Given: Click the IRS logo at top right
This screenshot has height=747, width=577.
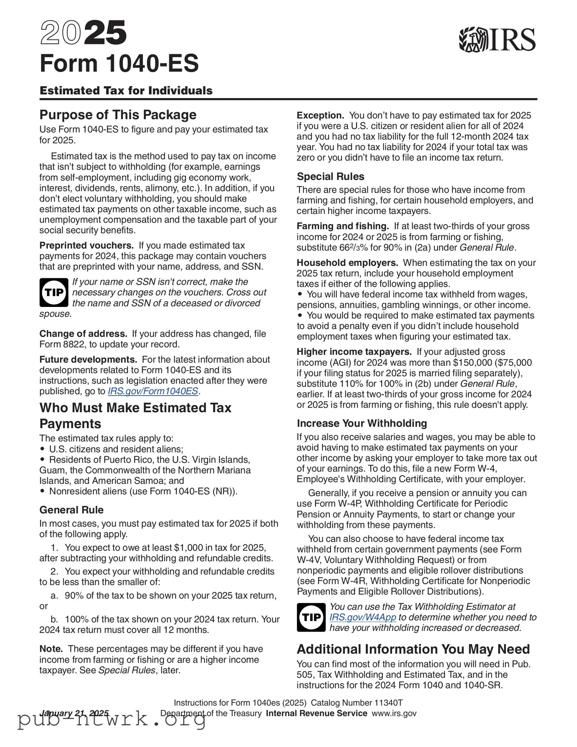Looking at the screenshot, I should click(497, 39).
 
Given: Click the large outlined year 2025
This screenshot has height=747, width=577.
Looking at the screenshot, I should click(83, 33).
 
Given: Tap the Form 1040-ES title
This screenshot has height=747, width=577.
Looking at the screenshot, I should click(119, 63).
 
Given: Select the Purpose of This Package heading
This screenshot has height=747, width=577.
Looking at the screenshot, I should click(118, 115).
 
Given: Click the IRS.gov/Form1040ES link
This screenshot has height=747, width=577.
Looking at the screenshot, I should click(153, 391).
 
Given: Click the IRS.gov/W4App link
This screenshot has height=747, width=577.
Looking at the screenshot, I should click(363, 617).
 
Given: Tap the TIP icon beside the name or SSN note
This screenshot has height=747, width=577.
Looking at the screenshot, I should click(54, 293).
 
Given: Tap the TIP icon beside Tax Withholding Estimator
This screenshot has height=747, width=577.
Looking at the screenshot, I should click(311, 617).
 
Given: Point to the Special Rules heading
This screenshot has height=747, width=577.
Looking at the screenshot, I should click(330, 177).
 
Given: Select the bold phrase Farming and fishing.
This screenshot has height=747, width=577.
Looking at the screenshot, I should click(343, 226).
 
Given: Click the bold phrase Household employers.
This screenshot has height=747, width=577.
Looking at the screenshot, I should click(347, 263).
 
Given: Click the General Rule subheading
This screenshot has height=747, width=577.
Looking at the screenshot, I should click(71, 510).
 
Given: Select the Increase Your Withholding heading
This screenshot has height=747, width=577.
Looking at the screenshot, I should click(362, 423).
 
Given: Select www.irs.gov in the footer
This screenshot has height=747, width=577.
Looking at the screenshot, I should click(394, 713).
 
